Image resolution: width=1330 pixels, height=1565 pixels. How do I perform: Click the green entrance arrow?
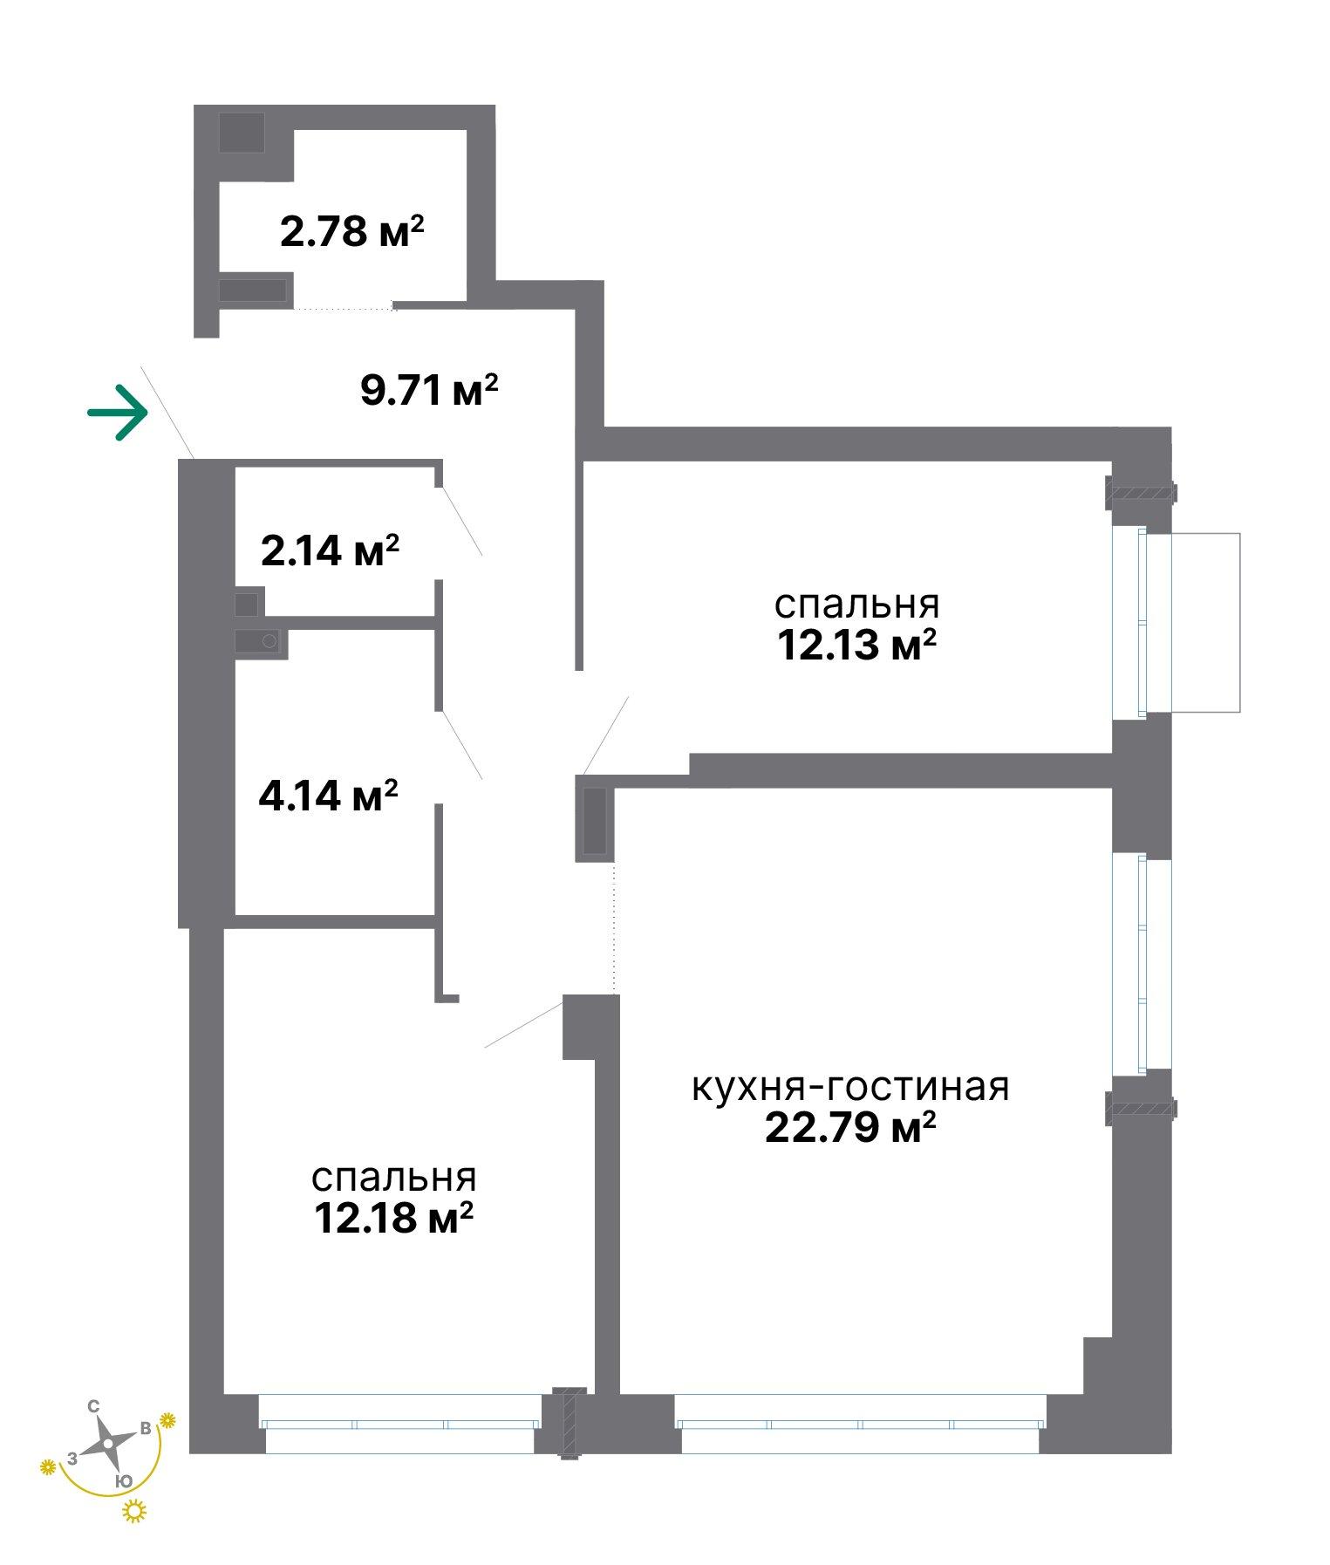click(117, 412)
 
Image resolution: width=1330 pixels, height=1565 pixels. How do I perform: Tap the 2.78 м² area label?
click(352, 232)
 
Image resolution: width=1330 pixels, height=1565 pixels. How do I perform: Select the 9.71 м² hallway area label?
click(429, 390)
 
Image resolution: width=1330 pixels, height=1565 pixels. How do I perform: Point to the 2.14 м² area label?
click(330, 550)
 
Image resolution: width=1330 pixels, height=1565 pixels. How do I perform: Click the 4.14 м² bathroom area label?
click(329, 796)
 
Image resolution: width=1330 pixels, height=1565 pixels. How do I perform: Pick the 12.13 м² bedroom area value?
click(856, 646)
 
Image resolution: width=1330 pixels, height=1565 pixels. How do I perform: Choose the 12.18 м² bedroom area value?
click(393, 1218)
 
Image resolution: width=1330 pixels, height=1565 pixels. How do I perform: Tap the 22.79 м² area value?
click(850, 1127)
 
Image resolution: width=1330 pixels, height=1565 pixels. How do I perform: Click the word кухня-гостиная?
click(850, 1087)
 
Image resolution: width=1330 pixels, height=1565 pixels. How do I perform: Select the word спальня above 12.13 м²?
click(856, 605)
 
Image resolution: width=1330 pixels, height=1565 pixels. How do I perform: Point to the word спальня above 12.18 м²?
click(393, 1178)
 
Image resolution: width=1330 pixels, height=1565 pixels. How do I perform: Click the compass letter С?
click(94, 1405)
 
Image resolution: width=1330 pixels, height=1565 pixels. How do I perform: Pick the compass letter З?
click(72, 1458)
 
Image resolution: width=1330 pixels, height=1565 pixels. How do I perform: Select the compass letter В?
click(147, 1428)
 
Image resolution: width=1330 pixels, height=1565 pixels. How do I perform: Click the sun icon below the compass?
click(134, 1511)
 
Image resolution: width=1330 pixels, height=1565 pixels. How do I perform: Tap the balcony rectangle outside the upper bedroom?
click(1204, 622)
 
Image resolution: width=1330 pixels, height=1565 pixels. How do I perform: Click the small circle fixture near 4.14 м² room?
click(269, 642)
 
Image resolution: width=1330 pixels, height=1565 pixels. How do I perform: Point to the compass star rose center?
click(107, 1444)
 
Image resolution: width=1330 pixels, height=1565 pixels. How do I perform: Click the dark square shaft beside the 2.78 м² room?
click(242, 133)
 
